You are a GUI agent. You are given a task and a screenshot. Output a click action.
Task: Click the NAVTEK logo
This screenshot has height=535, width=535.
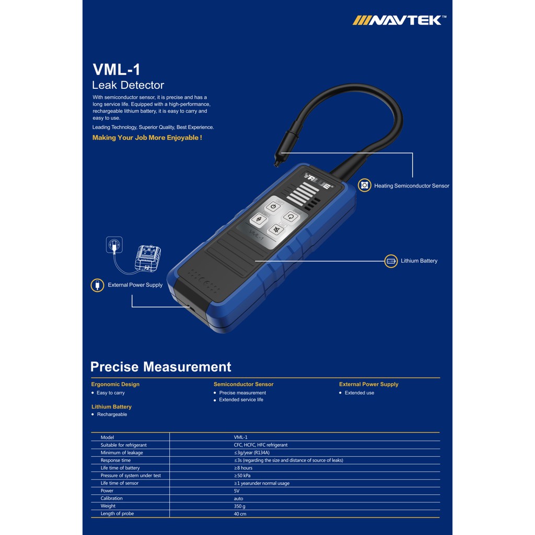tap(399, 20)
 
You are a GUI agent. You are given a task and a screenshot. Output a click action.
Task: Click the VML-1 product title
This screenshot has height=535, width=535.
tap(117, 69)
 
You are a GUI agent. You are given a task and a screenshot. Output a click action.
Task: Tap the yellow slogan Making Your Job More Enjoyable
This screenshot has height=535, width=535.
tap(147, 137)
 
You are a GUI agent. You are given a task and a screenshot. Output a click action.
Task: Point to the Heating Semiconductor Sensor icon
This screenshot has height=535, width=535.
tap(364, 185)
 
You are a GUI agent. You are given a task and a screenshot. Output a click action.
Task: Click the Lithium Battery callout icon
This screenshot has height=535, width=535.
tap(391, 261)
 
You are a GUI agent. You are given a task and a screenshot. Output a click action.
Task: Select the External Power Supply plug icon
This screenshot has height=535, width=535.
tap(97, 285)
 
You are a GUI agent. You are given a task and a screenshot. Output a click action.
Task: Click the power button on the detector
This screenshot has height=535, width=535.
tap(273, 207)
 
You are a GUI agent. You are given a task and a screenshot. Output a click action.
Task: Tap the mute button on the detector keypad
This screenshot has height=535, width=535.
tap(276, 230)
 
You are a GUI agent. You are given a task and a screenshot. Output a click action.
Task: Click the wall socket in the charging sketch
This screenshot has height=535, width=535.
tap(114, 245)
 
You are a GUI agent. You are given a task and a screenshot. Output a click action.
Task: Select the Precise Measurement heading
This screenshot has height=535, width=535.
tap(161, 367)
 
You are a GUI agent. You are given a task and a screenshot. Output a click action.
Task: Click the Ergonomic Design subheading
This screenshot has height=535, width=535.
tap(115, 384)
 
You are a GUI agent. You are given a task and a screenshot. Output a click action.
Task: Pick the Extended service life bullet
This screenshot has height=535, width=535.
tap(241, 400)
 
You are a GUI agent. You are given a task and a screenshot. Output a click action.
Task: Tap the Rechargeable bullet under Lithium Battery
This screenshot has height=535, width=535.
tap(112, 414)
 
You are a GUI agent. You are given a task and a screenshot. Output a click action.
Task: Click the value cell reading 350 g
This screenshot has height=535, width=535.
tap(239, 506)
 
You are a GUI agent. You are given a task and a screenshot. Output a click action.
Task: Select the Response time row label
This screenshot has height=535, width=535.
tap(115, 460)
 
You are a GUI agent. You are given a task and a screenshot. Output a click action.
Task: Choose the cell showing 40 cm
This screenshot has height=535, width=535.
tap(240, 514)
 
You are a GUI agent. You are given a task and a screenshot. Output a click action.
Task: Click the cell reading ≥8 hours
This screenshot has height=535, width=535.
tap(243, 468)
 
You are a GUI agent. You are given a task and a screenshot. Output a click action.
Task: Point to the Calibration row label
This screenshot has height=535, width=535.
tap(111, 498)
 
